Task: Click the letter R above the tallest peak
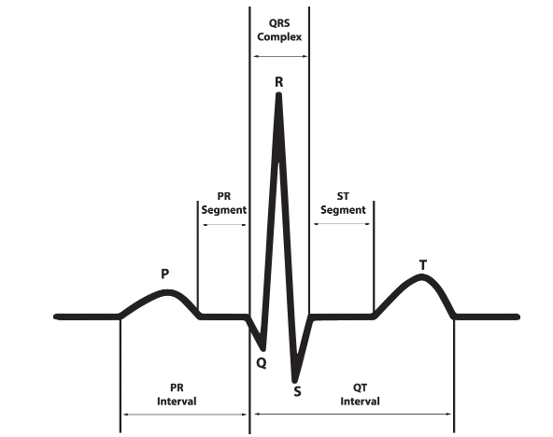[x=279, y=82]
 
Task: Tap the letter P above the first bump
[x=164, y=274]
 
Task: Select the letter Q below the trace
[x=262, y=362]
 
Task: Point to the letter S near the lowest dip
[x=297, y=391]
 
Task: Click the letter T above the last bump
[x=423, y=264]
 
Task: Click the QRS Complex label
[x=279, y=30]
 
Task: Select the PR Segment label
[x=224, y=204]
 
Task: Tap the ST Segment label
[x=343, y=204]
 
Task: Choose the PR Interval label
[x=177, y=395]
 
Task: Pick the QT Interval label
[x=360, y=395]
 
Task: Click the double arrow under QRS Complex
[x=280, y=56]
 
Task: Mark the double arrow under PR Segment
[x=224, y=224]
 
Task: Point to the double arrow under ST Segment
[x=342, y=224]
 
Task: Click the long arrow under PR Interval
[x=184, y=415]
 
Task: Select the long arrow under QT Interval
[x=353, y=414]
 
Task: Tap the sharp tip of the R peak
[x=279, y=94]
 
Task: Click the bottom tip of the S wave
[x=295, y=381]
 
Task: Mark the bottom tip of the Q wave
[x=263, y=348]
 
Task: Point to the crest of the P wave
[x=167, y=292]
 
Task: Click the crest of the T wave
[x=422, y=276]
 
